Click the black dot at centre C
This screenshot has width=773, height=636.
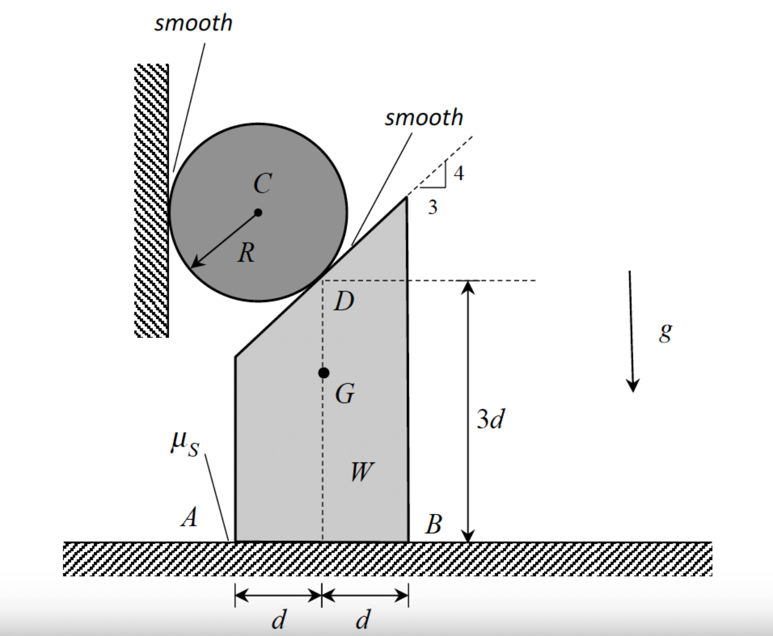258,212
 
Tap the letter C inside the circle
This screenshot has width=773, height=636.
262,183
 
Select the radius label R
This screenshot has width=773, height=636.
246,252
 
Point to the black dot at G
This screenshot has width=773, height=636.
324,373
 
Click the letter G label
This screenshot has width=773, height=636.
345,394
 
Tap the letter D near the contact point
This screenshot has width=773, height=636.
344,301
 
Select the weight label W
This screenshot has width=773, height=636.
361,472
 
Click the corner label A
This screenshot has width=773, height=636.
189,517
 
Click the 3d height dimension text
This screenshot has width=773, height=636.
490,419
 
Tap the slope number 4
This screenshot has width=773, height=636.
458,173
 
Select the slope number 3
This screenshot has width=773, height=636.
432,207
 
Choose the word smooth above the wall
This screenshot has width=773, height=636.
193,23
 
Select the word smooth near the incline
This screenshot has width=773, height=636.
424,117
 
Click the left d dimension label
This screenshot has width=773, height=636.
279,620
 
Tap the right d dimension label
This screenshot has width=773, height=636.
363,620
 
